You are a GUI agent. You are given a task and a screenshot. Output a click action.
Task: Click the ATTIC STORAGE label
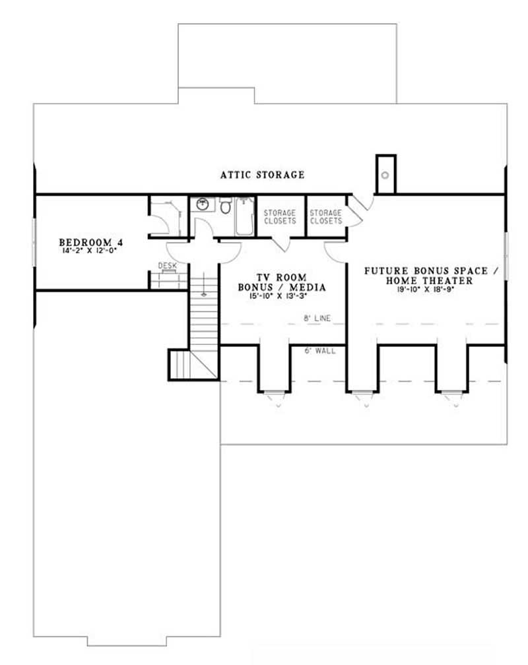(263, 175)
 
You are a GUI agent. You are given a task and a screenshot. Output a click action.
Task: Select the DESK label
(167, 266)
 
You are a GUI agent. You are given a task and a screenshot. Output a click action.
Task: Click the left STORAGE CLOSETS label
(280, 217)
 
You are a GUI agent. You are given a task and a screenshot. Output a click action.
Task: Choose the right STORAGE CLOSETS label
(326, 217)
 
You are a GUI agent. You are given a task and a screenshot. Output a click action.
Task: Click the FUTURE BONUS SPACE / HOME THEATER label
(426, 276)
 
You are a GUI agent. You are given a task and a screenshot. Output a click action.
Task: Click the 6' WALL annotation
(321, 351)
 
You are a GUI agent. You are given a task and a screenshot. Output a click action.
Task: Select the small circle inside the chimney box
(385, 175)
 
